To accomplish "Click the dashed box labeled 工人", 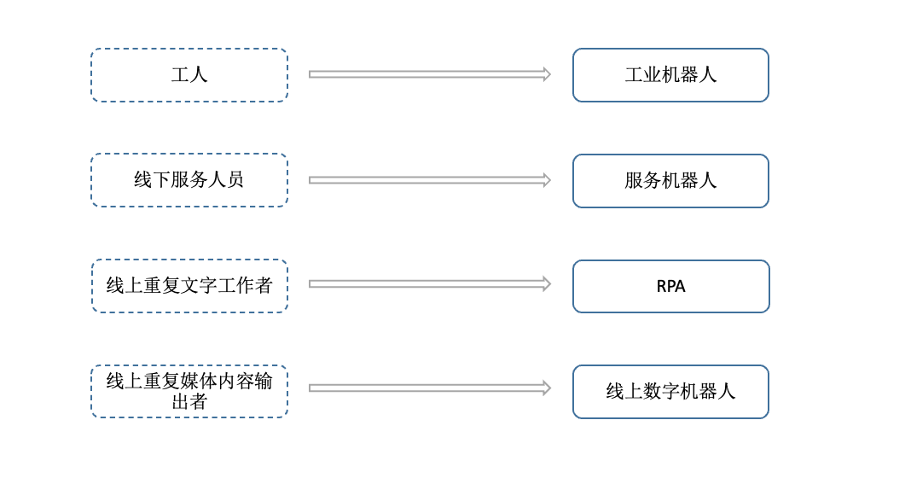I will [189, 75].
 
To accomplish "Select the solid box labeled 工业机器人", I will [670, 75].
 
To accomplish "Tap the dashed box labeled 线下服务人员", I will [189, 180].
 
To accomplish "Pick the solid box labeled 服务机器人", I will [670, 181].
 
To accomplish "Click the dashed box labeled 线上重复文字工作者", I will [189, 286].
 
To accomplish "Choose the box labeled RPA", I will [670, 287].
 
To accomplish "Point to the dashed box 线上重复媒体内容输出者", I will [189, 392].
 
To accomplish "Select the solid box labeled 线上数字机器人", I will [670, 392].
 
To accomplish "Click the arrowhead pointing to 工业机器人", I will [546, 74].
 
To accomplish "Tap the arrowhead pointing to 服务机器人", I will [546, 180].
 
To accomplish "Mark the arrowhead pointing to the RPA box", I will [546, 283].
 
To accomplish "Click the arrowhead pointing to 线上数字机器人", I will [546, 388].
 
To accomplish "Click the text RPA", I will [670, 287].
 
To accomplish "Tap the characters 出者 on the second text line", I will [189, 402].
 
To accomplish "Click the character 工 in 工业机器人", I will [634, 75].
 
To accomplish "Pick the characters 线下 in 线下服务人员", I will [152, 180].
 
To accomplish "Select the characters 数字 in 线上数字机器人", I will [652, 392].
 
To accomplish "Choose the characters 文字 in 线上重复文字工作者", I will [199, 286].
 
